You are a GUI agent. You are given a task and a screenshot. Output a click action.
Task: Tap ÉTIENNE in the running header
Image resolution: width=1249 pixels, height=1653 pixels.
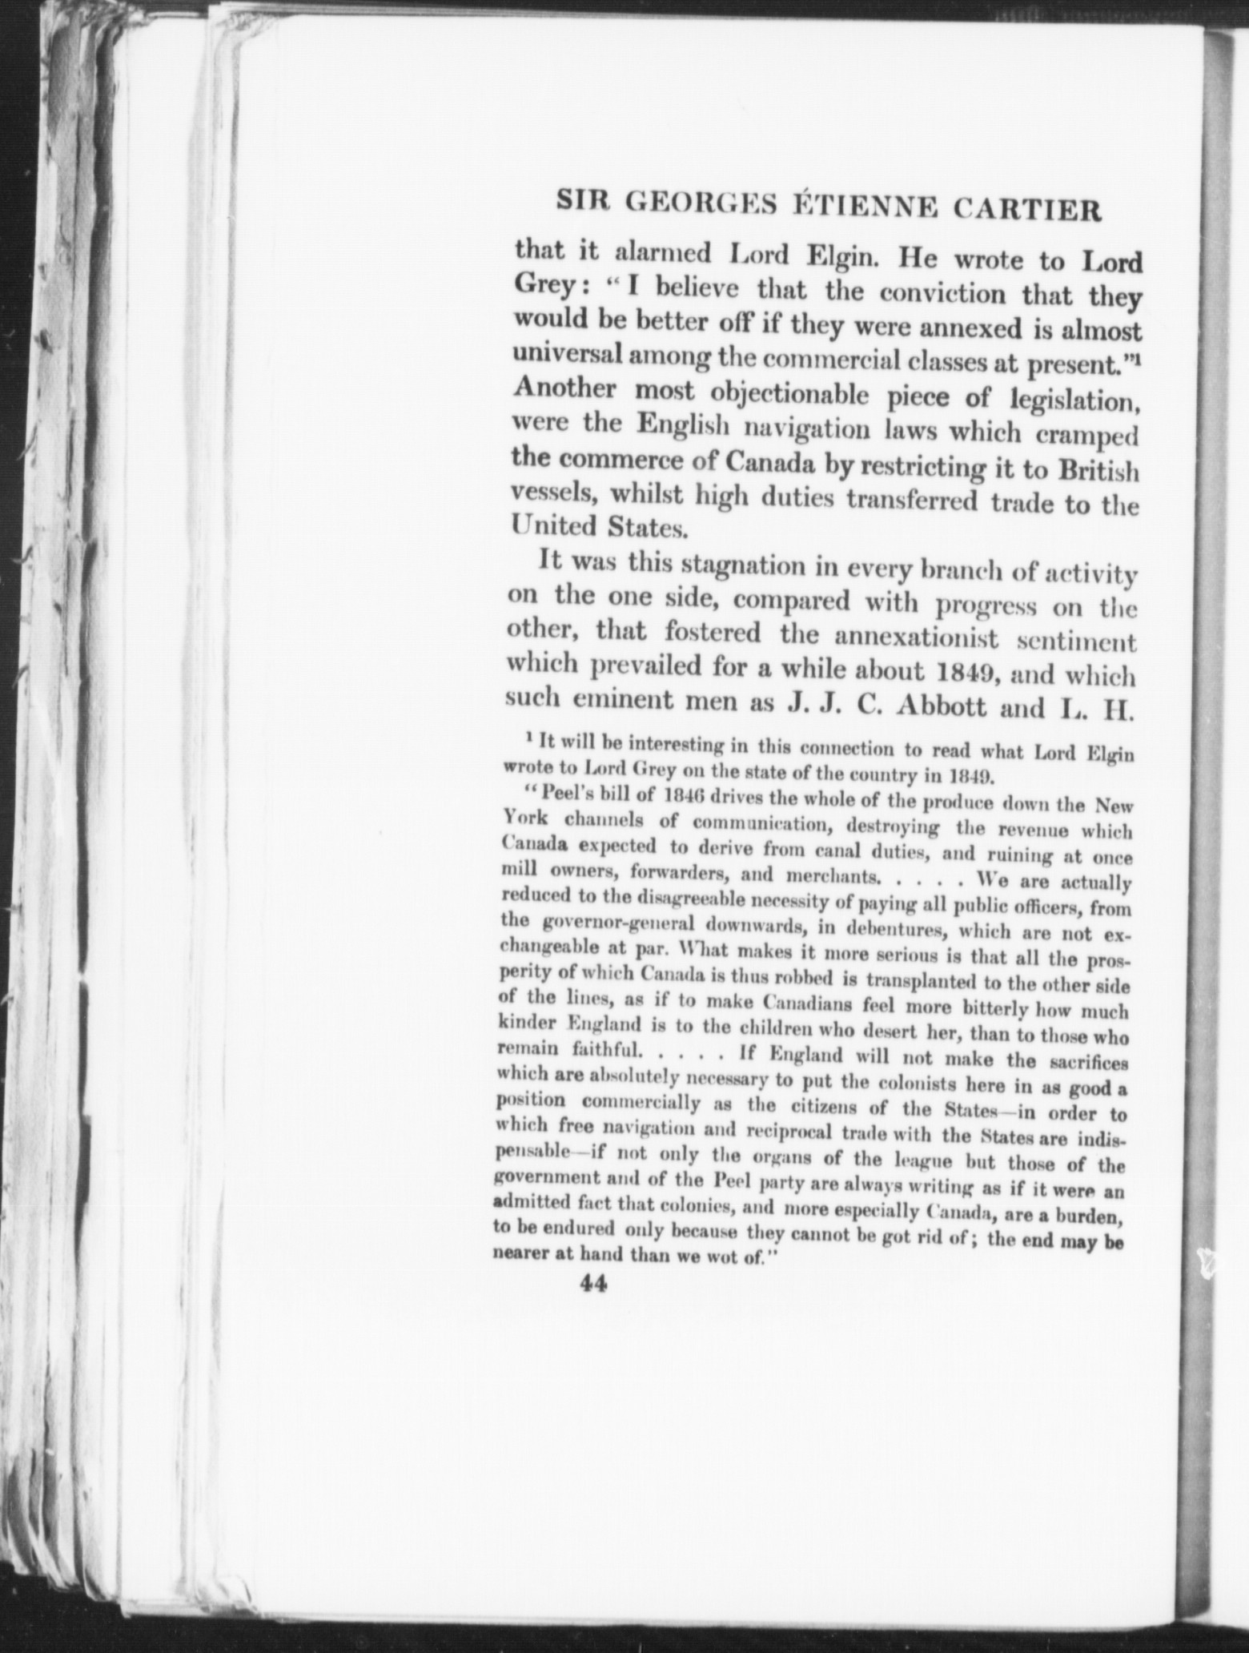pos(856,208)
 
